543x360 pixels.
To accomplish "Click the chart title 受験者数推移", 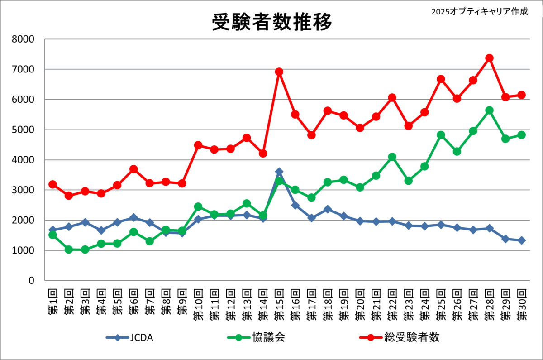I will coord(272,21).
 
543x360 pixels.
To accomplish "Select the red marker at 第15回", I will coord(279,72).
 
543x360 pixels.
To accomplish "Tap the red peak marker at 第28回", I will coord(489,58).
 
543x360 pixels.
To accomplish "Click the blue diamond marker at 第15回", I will coord(279,172).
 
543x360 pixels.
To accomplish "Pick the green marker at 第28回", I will coord(489,110).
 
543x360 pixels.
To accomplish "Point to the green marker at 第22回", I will coord(392,157).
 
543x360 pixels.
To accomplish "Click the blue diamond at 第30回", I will coord(521,240).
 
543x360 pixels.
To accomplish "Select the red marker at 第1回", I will coord(52,184).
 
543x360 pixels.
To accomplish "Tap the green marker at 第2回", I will coord(69,249).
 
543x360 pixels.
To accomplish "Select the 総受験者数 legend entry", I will coord(398,337).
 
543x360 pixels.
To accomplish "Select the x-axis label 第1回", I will coord(52,301).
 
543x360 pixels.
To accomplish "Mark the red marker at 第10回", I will coord(198,145).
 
